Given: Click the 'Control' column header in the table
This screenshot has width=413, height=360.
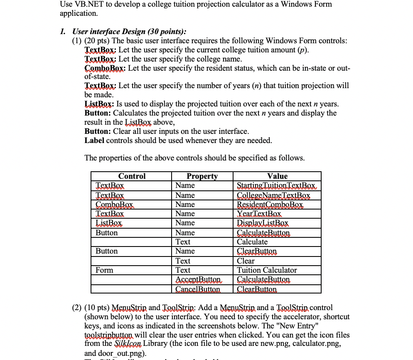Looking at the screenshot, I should (132, 176).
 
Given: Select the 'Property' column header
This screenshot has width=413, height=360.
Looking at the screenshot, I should (202, 176).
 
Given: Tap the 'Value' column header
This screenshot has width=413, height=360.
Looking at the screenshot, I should (277, 176).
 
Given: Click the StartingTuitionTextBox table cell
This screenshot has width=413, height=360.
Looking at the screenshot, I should (276, 185).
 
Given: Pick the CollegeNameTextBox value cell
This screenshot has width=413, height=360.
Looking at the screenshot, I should (273, 195).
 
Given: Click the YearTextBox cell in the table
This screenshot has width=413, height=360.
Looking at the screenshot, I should (259, 214).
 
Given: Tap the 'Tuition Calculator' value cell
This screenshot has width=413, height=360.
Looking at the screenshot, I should (267, 270).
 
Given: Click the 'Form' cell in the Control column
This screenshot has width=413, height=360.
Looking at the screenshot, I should (104, 270).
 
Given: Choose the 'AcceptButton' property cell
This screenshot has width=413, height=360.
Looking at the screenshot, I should (198, 279).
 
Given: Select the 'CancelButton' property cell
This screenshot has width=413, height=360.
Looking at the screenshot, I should (198, 289).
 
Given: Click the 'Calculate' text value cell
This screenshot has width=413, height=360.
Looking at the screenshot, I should (252, 242).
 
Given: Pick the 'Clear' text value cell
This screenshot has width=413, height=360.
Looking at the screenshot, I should (246, 261).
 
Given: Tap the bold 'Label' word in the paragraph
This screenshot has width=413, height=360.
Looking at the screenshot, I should (94, 141).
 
